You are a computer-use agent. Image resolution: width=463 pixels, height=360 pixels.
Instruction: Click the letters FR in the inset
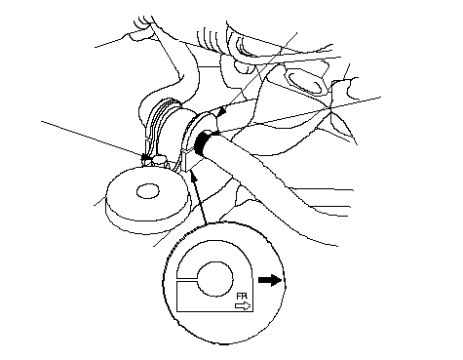[242, 297]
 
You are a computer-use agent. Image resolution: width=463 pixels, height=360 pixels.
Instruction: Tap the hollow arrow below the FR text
[243, 306]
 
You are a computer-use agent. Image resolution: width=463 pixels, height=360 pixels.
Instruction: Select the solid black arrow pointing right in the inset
[270, 280]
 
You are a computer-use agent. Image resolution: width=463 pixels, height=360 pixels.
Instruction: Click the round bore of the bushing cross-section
[214, 279]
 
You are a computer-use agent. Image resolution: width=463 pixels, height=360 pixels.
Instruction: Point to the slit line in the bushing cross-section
[187, 279]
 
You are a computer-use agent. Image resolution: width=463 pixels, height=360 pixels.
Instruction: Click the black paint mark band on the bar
[202, 142]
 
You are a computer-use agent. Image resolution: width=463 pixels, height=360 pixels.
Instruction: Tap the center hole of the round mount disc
[148, 191]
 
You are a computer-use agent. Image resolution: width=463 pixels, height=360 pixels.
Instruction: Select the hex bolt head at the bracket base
[159, 161]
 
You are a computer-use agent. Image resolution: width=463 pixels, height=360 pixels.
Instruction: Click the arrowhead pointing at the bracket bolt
[146, 157]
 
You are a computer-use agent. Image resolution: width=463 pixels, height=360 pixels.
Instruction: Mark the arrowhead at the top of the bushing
[222, 111]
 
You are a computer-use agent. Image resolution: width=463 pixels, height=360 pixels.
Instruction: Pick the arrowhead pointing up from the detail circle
[194, 177]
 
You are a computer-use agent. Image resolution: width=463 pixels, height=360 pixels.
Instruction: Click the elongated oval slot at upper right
[305, 82]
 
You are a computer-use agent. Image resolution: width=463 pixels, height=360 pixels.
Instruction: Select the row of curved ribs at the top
[211, 36]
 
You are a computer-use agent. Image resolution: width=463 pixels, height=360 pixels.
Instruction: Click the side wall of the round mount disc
[146, 221]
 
